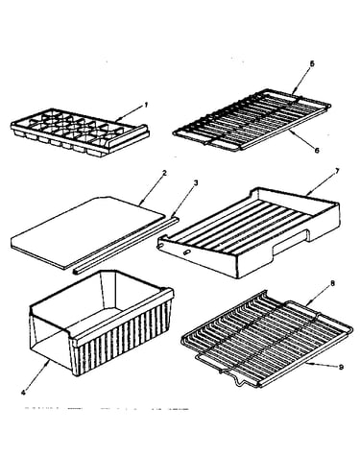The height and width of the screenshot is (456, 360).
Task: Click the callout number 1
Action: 146,105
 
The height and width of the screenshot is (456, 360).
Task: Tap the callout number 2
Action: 164,173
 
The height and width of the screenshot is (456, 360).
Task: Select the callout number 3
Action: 196,183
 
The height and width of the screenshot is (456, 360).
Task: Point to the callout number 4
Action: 23,393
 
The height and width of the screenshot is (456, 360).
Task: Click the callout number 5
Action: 312,63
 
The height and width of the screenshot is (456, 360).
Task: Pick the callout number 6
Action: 317,150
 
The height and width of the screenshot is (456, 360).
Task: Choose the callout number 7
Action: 337,171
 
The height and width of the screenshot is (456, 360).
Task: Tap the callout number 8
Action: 332,283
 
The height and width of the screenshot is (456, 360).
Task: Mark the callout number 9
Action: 341,368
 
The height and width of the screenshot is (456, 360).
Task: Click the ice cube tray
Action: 80,132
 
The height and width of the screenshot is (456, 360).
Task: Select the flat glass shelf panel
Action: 88,232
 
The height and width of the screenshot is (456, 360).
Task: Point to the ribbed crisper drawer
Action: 102,322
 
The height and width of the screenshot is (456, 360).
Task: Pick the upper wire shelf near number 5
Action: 252,120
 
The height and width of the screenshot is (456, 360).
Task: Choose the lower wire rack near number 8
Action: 267,339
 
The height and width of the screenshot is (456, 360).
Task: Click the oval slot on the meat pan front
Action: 186,252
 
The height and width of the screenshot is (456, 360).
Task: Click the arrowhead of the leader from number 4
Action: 48,361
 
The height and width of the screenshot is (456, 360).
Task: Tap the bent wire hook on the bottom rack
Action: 238,381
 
